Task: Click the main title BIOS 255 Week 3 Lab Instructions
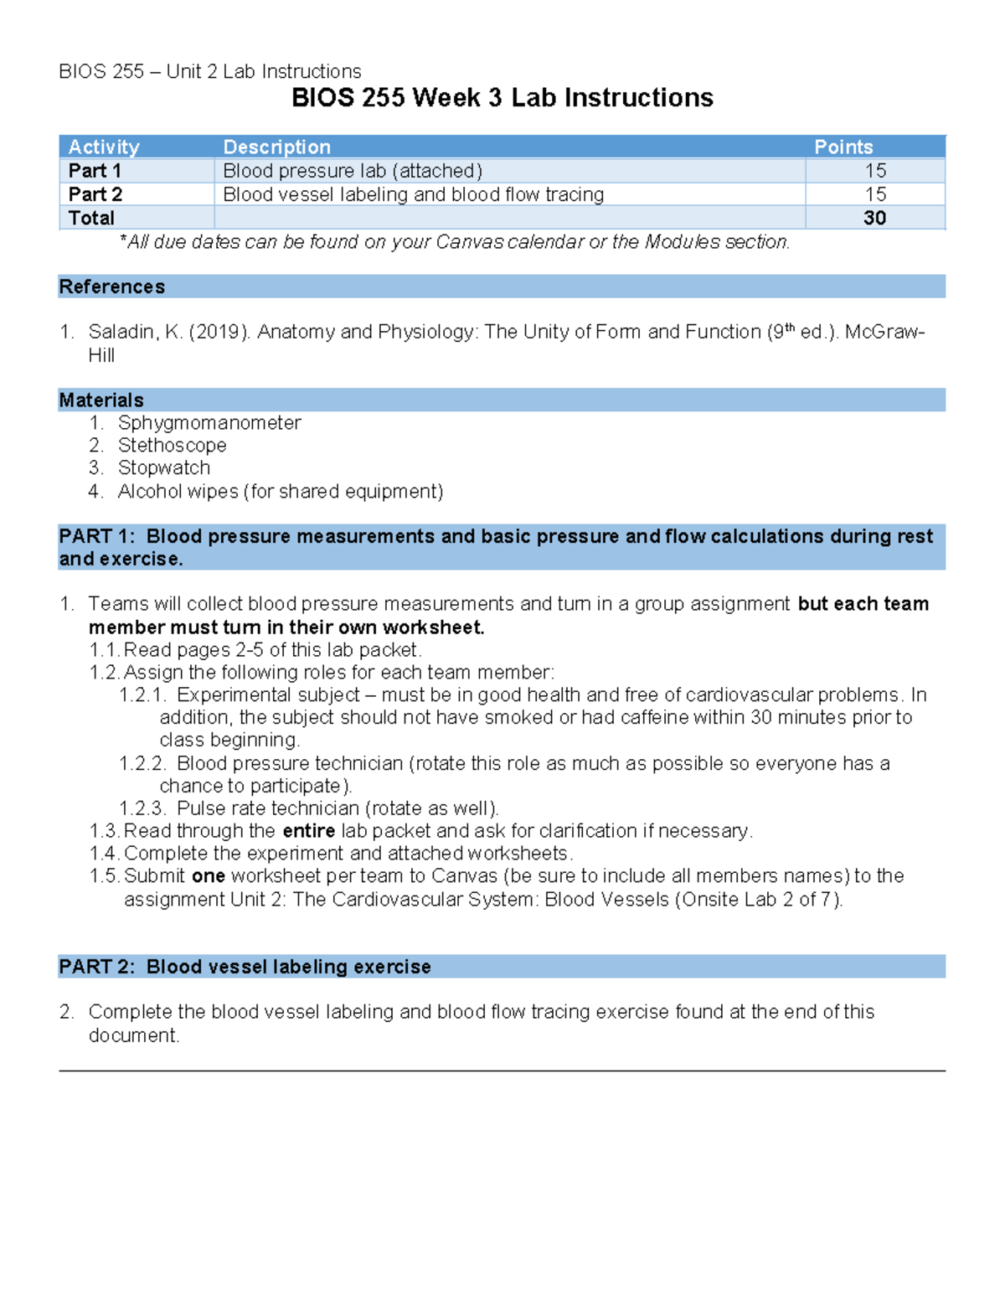point(502,98)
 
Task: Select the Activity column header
point(104,147)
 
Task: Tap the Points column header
point(843,147)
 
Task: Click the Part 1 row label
point(95,171)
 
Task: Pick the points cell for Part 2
point(875,194)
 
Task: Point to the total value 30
point(874,218)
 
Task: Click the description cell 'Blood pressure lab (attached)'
point(353,171)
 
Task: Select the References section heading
point(111,287)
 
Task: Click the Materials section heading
point(101,400)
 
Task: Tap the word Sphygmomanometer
point(209,422)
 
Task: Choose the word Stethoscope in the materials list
point(172,445)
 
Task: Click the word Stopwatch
point(164,467)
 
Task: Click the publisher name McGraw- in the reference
point(884,332)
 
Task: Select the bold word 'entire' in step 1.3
point(308,830)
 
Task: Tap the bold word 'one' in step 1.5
point(208,875)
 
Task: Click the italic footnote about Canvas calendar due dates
point(455,242)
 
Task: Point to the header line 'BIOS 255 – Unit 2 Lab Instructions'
point(209,71)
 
